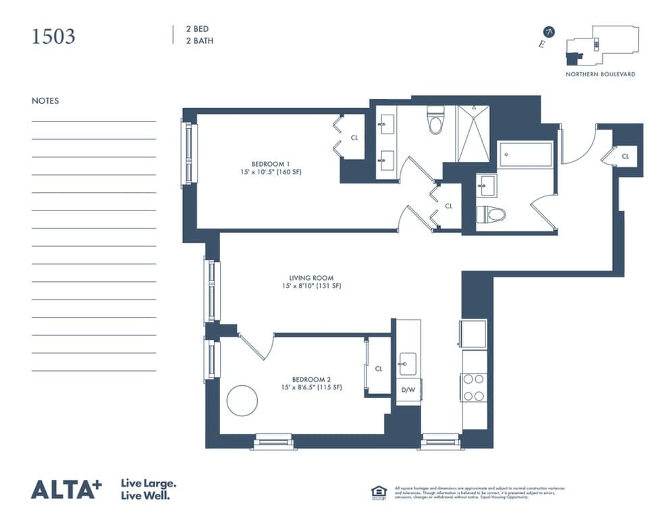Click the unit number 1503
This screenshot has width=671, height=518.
pyautogui.click(x=53, y=36)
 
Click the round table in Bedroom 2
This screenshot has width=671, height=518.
pyautogui.click(x=242, y=401)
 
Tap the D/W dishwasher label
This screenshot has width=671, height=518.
pyautogui.click(x=408, y=390)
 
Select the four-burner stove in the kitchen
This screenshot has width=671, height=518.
pyautogui.click(x=474, y=388)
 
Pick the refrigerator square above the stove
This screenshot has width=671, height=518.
pyautogui.click(x=473, y=333)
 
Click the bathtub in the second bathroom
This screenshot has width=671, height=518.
pyautogui.click(x=526, y=154)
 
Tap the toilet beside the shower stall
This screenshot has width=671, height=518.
pyautogui.click(x=435, y=121)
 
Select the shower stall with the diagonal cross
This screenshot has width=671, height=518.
pyautogui.click(x=473, y=133)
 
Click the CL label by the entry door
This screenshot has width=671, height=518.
pyautogui.click(x=625, y=156)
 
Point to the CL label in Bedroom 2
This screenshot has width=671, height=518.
pyautogui.click(x=378, y=369)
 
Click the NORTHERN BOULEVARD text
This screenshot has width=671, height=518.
pyautogui.click(x=600, y=74)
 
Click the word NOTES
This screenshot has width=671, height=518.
pyautogui.click(x=45, y=101)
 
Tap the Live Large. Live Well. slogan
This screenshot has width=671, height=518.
pyautogui.click(x=149, y=489)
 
